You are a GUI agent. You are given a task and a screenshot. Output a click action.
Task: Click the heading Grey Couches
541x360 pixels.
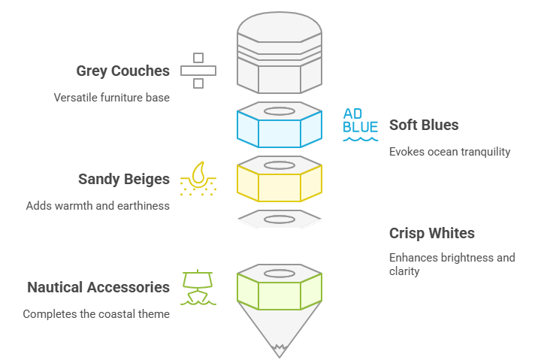(x=122, y=71)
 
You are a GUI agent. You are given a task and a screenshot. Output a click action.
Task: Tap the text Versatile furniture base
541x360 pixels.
(x=111, y=97)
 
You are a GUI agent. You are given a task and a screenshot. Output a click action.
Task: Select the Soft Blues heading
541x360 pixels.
(x=424, y=125)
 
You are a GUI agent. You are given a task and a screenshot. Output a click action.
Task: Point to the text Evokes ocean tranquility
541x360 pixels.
(x=449, y=151)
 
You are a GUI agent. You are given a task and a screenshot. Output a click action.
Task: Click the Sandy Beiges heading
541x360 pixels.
(x=124, y=179)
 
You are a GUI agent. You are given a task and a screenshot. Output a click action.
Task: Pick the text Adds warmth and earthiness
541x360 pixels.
(x=98, y=205)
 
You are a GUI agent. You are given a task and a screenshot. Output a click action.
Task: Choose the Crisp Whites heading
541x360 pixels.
(x=431, y=233)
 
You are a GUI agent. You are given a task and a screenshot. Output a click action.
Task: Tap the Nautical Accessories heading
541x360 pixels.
(x=98, y=287)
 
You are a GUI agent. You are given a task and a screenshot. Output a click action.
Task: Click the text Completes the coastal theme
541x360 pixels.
(x=96, y=313)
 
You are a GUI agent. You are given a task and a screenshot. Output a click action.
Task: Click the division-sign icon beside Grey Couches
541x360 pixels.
(x=198, y=71)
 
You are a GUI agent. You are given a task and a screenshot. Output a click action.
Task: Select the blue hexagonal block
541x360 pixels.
(x=280, y=126)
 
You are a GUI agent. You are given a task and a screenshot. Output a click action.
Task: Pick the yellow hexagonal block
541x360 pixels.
(x=280, y=180)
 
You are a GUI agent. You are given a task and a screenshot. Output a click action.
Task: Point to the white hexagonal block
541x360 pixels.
(x=280, y=234)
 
